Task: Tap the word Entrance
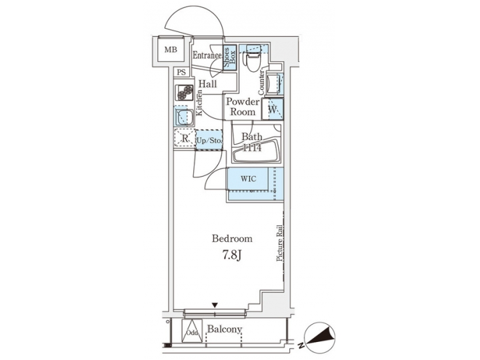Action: [x=207, y=55]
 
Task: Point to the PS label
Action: [x=180, y=73]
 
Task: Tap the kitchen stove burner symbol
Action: [x=184, y=93]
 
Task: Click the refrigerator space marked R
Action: [x=184, y=139]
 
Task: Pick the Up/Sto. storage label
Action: [x=209, y=140]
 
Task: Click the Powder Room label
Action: [x=243, y=107]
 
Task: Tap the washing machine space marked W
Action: [x=273, y=109]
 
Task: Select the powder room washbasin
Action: [x=273, y=84]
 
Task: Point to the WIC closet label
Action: [x=248, y=179]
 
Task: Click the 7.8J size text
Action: [x=231, y=254]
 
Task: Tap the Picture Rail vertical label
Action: [x=281, y=242]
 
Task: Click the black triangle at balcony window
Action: [x=215, y=305]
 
